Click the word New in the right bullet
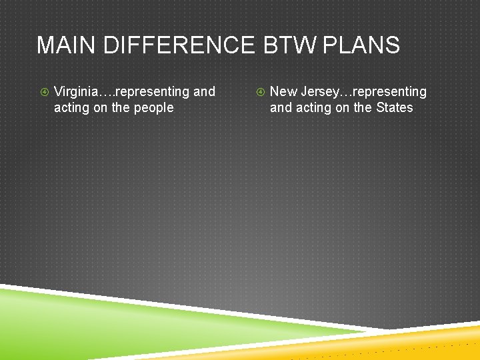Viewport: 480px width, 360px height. pyautogui.click(x=283, y=91)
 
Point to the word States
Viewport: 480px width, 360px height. pyautogui.click(x=395, y=107)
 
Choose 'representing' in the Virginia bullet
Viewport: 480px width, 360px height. pyautogui.click(x=153, y=92)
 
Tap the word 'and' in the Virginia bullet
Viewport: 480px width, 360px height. pyautogui.click(x=204, y=91)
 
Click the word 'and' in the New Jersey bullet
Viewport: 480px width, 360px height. pyautogui.click(x=281, y=107)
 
